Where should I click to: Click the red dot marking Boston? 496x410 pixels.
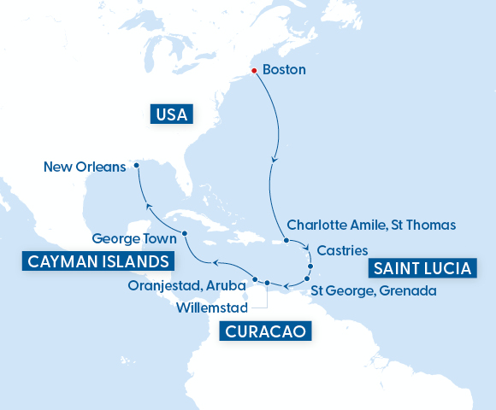pyautogui.click(x=254, y=71)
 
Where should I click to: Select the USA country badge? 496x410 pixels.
pyautogui.click(x=171, y=114)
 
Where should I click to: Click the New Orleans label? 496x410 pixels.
pyautogui.click(x=84, y=167)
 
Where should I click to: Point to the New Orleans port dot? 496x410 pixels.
pyautogui.click(x=136, y=166)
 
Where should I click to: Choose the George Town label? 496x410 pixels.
pyautogui.click(x=134, y=240)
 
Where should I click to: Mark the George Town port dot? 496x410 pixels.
pyautogui.click(x=185, y=233)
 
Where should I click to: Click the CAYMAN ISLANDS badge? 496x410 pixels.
pyautogui.click(x=96, y=261)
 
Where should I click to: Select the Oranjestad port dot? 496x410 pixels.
pyautogui.click(x=255, y=279)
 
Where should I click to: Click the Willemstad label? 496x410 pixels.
pyautogui.click(x=210, y=306)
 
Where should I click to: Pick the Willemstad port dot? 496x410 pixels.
pyautogui.click(x=267, y=283)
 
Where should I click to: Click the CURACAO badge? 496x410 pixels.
pyautogui.click(x=265, y=331)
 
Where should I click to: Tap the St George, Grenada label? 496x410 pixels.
pyautogui.click(x=374, y=290)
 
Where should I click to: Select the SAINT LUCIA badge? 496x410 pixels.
pyautogui.click(x=421, y=268)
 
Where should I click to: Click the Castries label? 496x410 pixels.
pyautogui.click(x=342, y=251)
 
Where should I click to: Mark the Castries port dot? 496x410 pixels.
pyautogui.click(x=310, y=266)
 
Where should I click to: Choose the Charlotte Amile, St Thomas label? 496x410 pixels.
pyautogui.click(x=371, y=225)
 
